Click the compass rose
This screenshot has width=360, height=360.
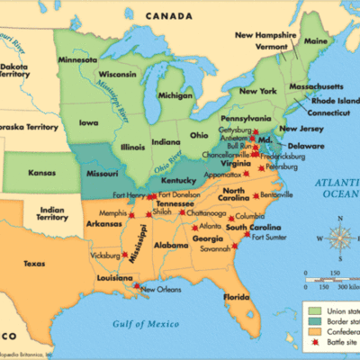click(339, 239)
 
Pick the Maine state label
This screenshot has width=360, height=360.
click(315, 41)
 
